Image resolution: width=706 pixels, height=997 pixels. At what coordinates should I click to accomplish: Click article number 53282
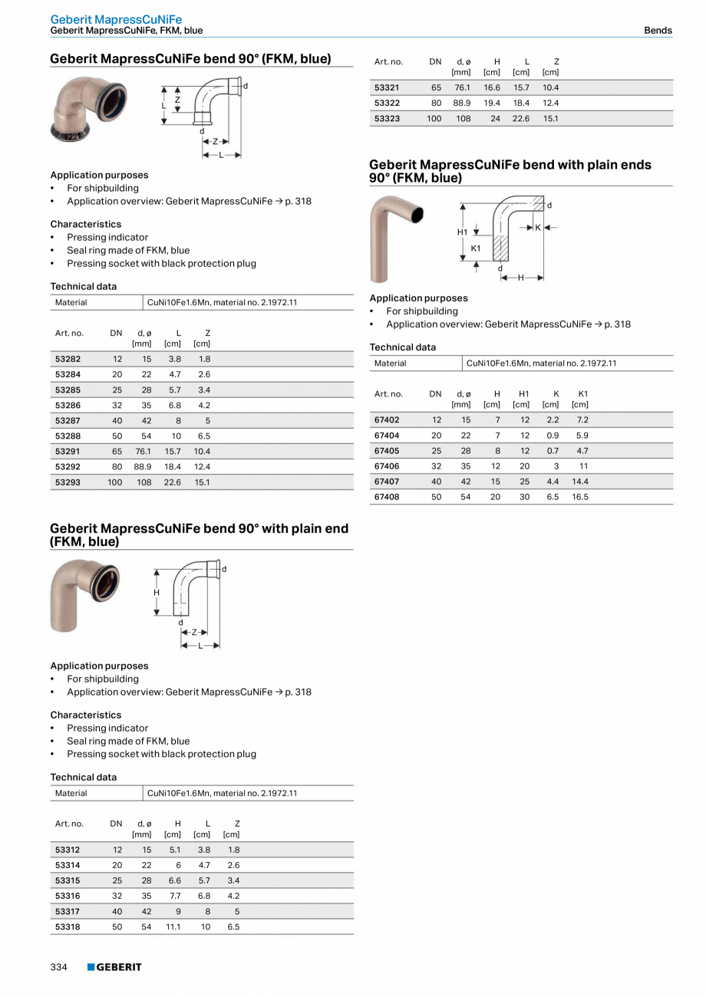(68, 359)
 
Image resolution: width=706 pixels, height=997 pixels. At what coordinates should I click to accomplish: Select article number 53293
(68, 482)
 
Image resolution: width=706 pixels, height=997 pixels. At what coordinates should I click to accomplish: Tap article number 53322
(387, 103)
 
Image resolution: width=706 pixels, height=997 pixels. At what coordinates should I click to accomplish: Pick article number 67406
(387, 466)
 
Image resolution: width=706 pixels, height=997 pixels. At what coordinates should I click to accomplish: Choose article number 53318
(68, 926)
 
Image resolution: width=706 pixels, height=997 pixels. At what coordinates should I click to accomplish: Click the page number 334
(59, 967)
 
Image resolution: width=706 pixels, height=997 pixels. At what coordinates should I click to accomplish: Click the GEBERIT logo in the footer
(114, 967)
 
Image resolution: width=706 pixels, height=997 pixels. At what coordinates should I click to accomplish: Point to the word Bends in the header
(658, 31)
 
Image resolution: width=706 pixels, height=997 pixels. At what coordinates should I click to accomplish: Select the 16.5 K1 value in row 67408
(580, 497)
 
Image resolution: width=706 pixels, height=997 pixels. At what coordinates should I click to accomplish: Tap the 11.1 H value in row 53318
(173, 926)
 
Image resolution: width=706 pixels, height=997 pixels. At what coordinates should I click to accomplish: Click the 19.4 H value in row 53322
(492, 103)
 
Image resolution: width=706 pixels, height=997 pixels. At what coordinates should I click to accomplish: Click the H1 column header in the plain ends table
(523, 394)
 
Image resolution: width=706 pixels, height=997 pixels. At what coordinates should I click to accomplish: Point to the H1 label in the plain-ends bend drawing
(462, 232)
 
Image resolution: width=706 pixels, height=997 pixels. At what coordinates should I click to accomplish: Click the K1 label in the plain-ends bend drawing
(476, 248)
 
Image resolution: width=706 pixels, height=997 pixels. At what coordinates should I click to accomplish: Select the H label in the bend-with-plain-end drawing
(157, 592)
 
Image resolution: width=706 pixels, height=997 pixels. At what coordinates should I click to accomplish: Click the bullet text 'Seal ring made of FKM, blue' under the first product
(128, 250)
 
